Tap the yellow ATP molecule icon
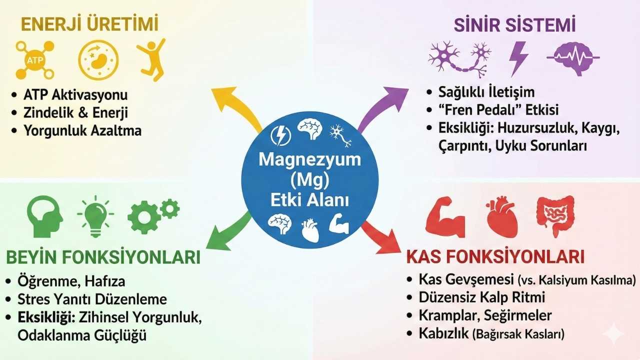[34, 60]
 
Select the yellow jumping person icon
[150, 59]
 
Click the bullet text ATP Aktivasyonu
[75, 94]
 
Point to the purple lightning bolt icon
[518, 58]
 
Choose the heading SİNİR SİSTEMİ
[514, 25]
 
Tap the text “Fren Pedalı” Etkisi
[498, 109]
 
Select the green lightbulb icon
[95, 215]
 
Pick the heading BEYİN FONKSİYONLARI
[103, 257]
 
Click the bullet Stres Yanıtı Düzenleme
[92, 299]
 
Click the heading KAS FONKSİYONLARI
[495, 257]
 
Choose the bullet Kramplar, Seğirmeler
[485, 315]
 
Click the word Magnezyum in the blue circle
[309, 160]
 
